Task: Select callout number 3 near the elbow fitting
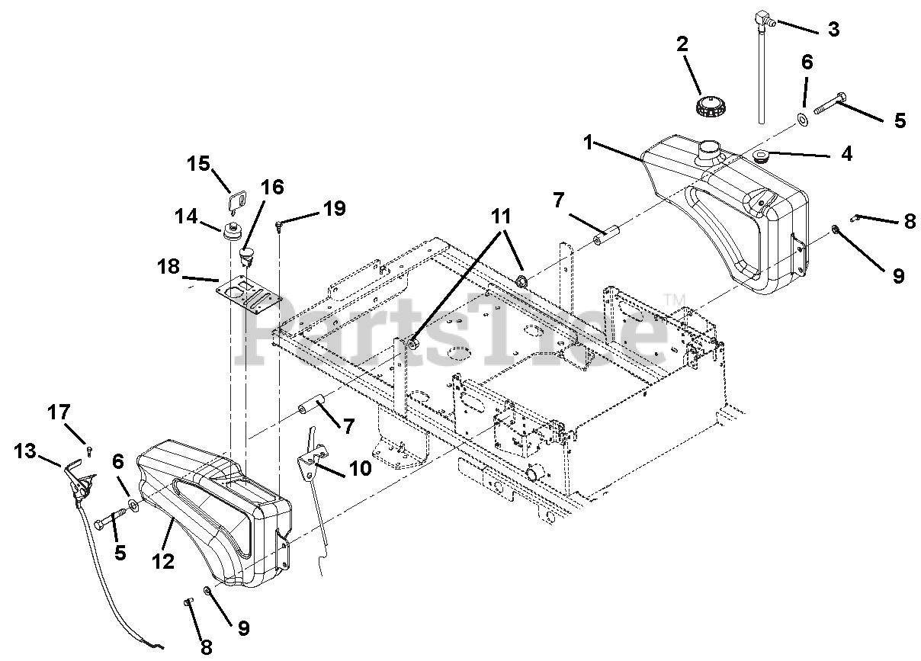[833, 30]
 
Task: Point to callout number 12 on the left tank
[163, 562]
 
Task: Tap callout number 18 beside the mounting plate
[168, 267]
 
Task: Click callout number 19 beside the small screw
[333, 208]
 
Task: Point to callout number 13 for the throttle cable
[25, 451]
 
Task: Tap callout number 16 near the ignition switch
[272, 187]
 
